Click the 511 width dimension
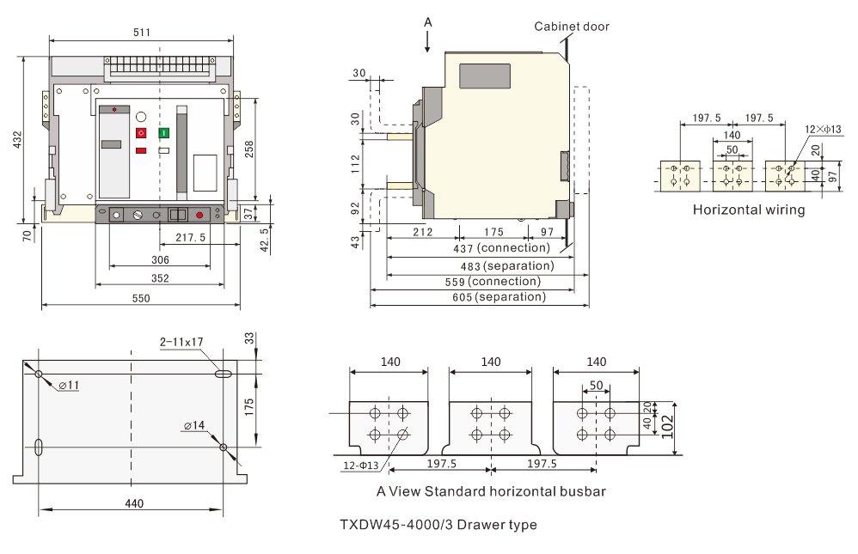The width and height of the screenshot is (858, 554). [142, 33]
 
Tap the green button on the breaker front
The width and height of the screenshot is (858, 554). [163, 133]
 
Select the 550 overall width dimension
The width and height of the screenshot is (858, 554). [141, 298]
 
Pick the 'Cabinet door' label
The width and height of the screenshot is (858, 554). [572, 27]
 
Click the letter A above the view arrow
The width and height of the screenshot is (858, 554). [428, 21]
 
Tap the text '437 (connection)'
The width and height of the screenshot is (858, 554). [501, 248]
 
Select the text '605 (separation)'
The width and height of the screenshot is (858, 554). [503, 297]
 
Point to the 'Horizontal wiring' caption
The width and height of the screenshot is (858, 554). [749, 210]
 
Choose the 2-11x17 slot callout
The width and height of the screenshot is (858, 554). [181, 342]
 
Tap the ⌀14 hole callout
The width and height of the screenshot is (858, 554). [193, 425]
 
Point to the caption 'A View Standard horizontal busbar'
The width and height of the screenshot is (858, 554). [492, 492]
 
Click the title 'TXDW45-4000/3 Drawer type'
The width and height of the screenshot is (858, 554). [438, 525]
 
